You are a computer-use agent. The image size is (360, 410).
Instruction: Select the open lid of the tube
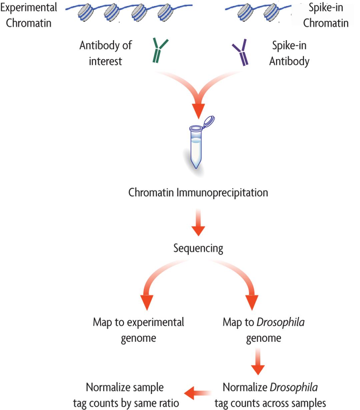point(209,121)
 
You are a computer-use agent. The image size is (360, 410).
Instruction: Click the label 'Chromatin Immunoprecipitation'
point(198,193)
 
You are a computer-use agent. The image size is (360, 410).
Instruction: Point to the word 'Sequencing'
point(198,248)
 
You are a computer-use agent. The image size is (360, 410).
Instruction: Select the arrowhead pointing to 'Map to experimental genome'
point(147,302)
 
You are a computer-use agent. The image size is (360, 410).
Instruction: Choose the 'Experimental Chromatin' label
point(29,15)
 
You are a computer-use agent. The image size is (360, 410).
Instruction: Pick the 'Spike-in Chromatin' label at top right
point(325,15)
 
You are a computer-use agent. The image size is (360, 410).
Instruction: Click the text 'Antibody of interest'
point(105,53)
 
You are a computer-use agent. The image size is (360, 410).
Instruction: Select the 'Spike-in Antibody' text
point(289,53)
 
